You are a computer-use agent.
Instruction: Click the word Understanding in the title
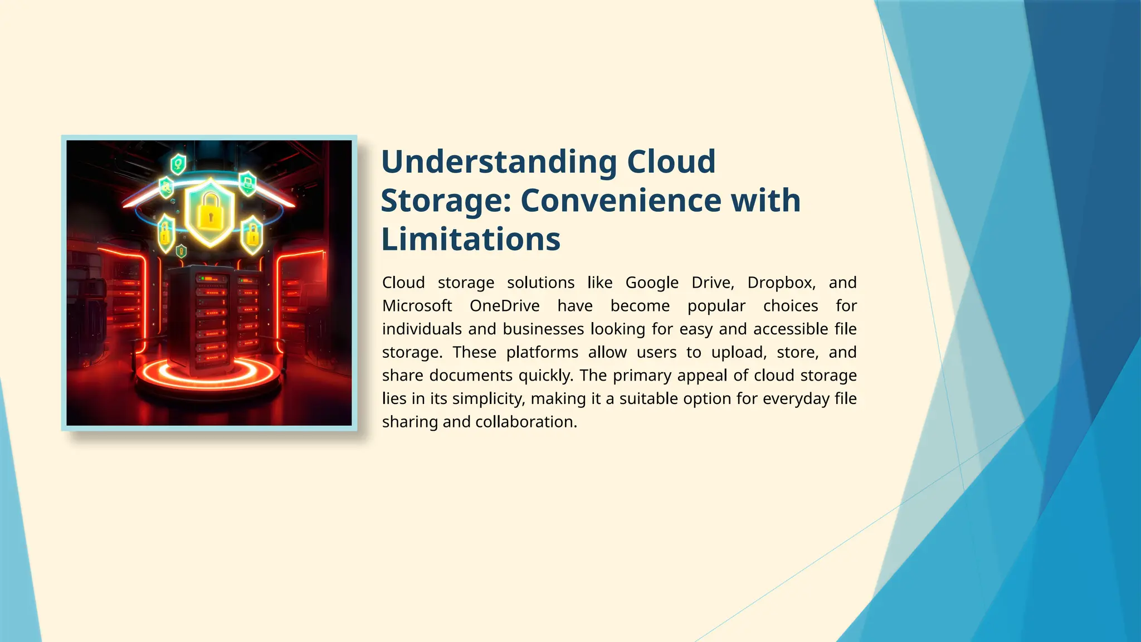click(499, 162)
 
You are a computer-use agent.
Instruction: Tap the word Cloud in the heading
click(671, 162)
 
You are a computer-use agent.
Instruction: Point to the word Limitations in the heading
click(471, 240)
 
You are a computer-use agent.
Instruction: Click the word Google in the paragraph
click(652, 283)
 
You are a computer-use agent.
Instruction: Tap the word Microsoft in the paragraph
click(417, 306)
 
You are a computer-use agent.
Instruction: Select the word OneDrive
click(504, 306)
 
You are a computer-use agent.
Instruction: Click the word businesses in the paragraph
click(543, 329)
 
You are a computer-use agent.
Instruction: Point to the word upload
click(739, 352)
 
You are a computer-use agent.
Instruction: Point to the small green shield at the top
click(178, 164)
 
